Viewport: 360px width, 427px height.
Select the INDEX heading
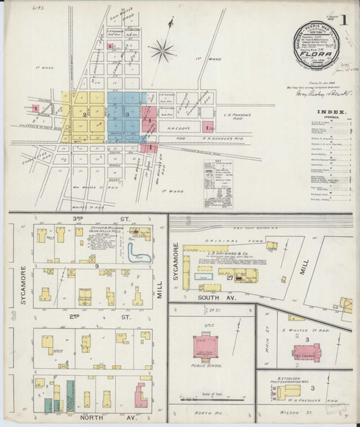click(319, 112)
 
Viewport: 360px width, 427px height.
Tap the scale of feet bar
click(212, 396)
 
